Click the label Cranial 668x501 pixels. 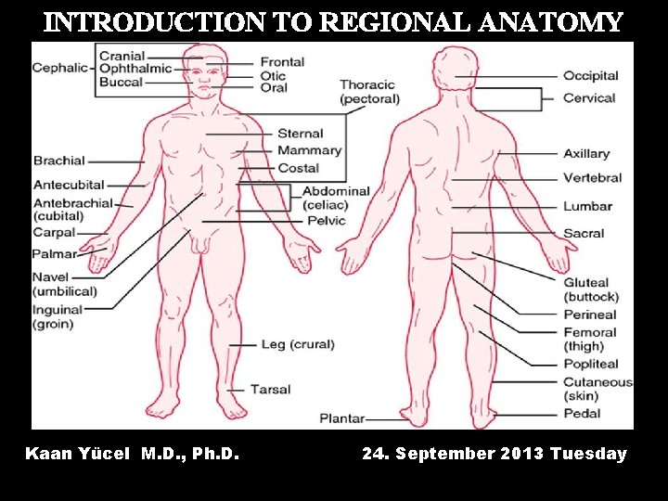coord(122,56)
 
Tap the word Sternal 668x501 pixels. coord(301,134)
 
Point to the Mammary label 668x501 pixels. coord(310,150)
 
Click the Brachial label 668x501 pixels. coord(59,161)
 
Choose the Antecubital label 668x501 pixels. coord(69,185)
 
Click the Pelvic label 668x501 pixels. coord(327,221)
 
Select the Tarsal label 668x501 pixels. coord(270,389)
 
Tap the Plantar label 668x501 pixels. coord(342,418)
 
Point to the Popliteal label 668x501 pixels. coord(590,365)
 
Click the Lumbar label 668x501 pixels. coord(587,206)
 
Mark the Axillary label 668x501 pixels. coord(586,153)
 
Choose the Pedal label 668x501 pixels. coord(582,414)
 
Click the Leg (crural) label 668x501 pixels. coord(297,344)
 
